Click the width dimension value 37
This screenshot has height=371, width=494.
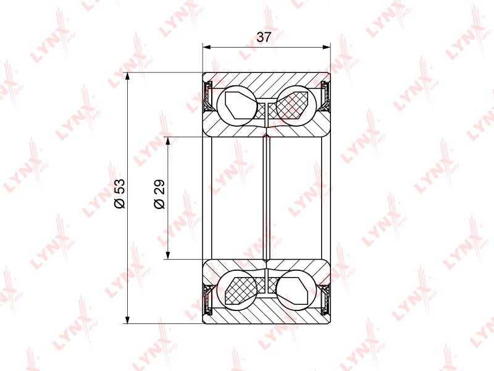click(x=264, y=37)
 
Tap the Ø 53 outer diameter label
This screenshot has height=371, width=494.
click(x=120, y=194)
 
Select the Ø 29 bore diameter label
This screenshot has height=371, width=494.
click(x=160, y=194)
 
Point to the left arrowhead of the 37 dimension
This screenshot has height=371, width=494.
click(x=207, y=48)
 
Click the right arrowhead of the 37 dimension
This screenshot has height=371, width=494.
click(x=327, y=48)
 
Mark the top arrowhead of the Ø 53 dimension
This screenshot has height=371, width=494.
click(x=128, y=77)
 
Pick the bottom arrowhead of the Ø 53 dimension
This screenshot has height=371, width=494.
click(x=128, y=319)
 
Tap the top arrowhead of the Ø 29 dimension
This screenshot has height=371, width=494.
click(x=168, y=141)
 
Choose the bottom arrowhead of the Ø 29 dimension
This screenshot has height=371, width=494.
click(x=168, y=255)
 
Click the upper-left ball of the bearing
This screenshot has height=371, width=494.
click(x=237, y=105)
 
